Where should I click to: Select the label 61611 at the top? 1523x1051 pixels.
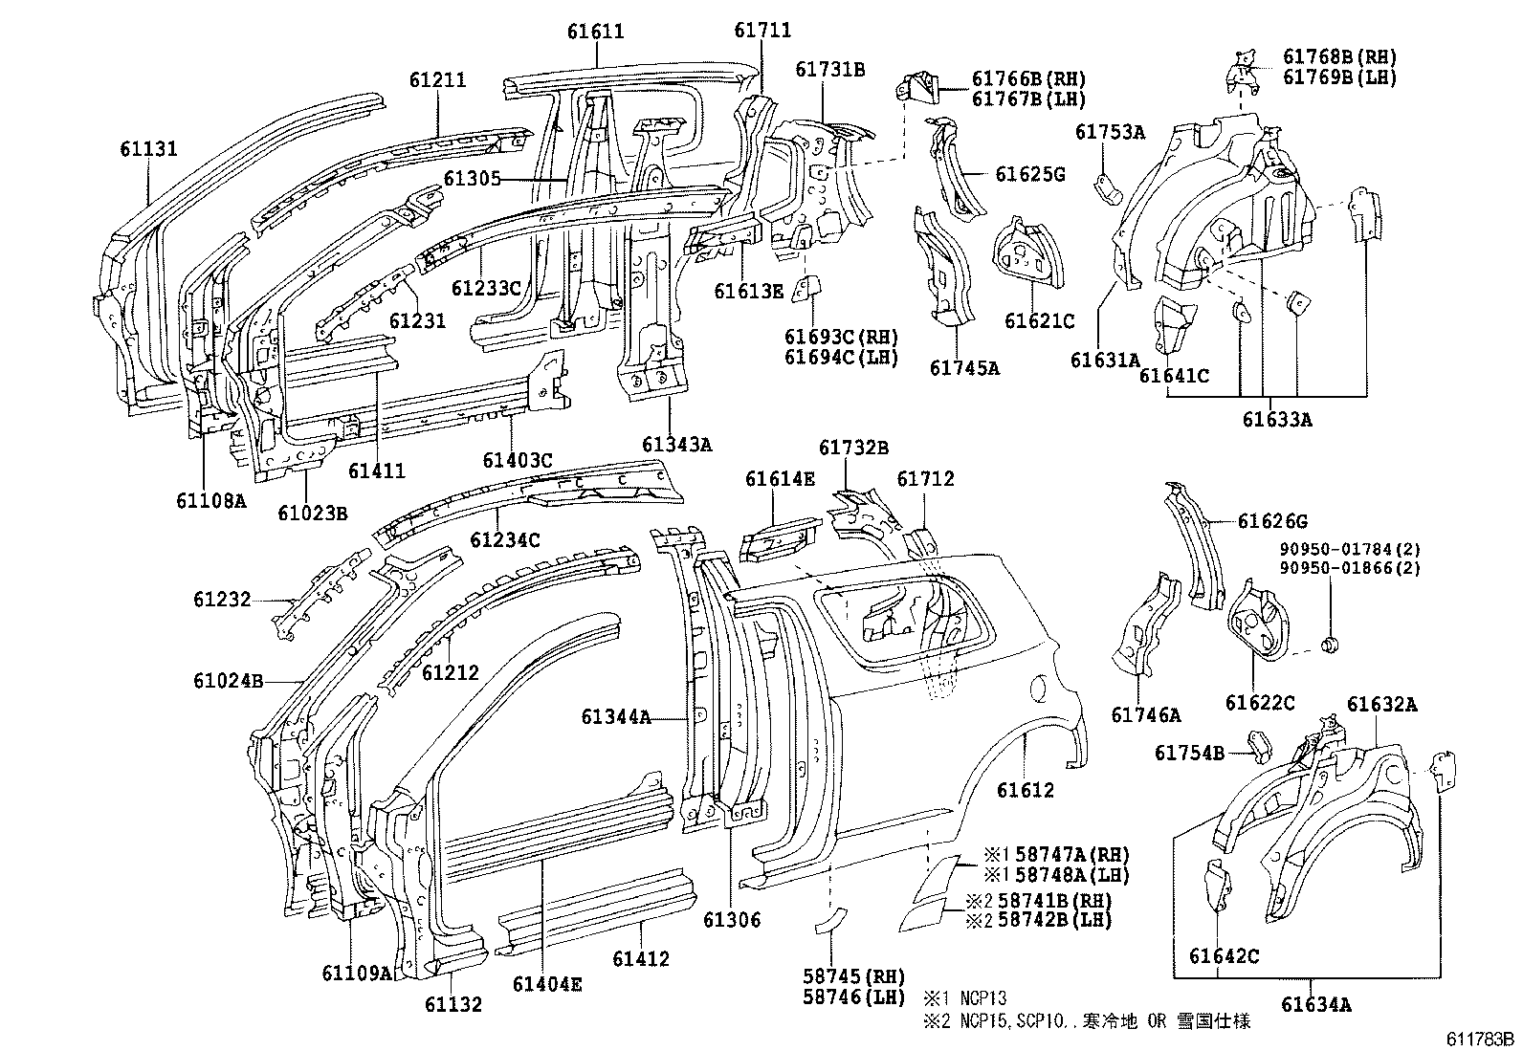[594, 31]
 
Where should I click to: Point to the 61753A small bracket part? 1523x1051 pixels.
[1107, 188]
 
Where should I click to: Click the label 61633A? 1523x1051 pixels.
[1277, 419]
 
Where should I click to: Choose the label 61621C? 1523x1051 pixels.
[1039, 321]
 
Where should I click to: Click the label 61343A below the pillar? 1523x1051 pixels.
[676, 444]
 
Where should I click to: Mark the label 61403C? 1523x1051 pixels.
[518, 461]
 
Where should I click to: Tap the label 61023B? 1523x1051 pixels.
[313, 513]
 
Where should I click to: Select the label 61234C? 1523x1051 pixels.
[504, 540]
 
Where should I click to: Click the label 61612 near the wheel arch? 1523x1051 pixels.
[1025, 790]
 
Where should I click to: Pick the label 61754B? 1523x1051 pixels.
[1189, 753]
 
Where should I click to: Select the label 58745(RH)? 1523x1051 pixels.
[853, 976]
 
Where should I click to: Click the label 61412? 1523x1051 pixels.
[641, 958]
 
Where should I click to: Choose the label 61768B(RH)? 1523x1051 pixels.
[1339, 57]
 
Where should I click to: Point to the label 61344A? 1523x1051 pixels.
[616, 716]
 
